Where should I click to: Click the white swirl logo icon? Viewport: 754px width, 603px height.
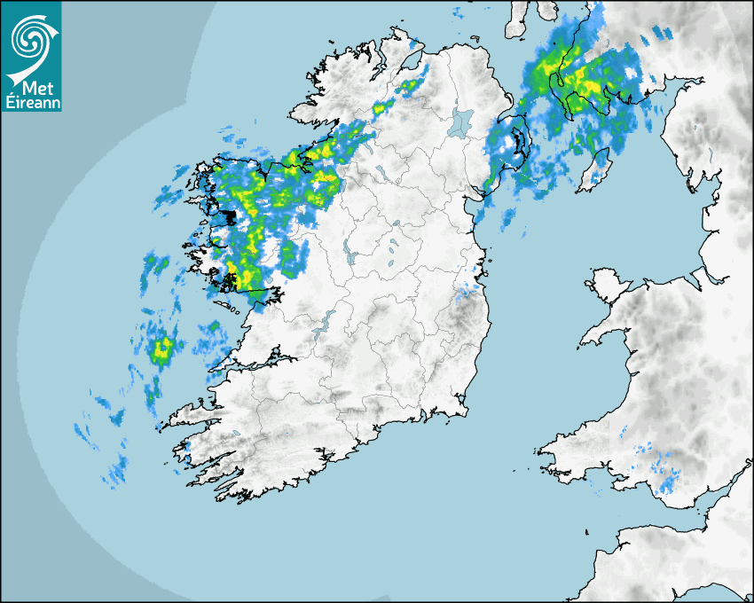coord(31,36)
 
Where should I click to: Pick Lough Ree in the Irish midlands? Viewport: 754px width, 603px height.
coord(350,256)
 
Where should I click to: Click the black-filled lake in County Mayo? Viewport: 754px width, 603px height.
coord(230,215)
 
